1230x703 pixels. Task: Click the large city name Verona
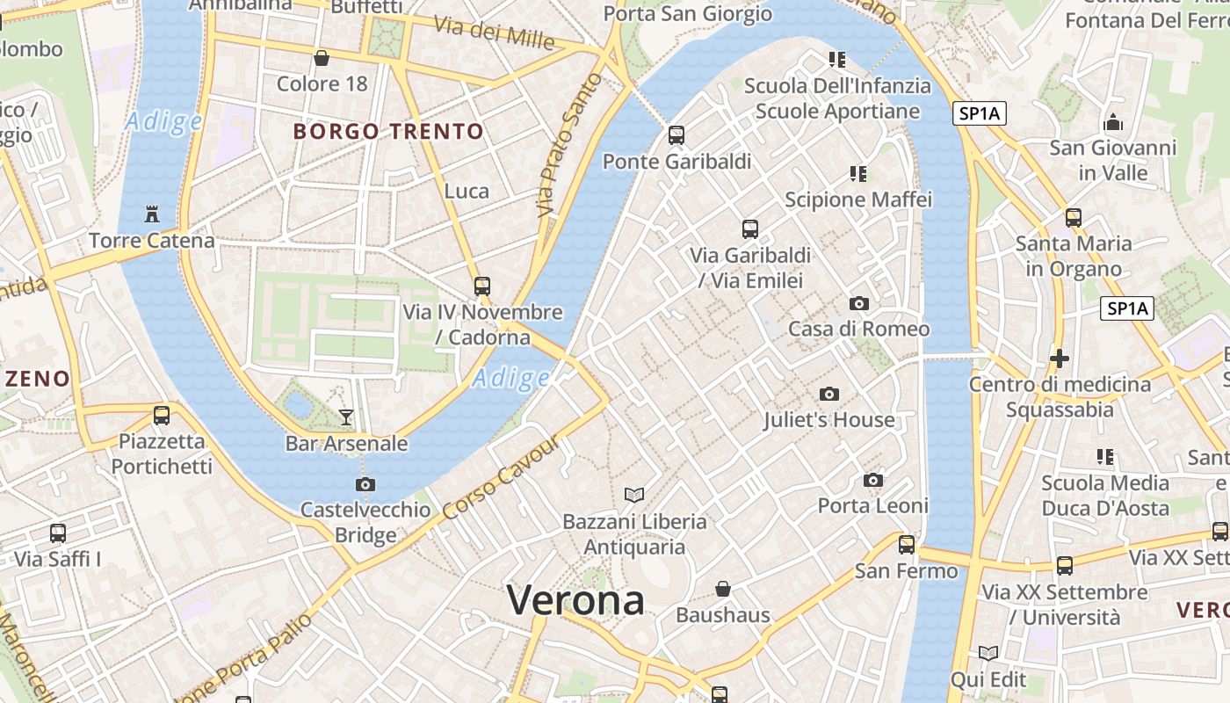[x=575, y=601]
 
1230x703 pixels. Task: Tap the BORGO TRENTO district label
[x=388, y=132]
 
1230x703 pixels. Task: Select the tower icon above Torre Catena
[x=152, y=214]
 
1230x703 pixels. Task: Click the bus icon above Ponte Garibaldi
[x=676, y=135]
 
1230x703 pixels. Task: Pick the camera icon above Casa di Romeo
[x=859, y=304]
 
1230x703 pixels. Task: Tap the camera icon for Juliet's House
[x=829, y=395]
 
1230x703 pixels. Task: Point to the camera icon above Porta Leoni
[x=872, y=481]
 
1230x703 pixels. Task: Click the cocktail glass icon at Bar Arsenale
[x=346, y=417]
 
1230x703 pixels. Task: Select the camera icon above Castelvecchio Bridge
[x=365, y=484]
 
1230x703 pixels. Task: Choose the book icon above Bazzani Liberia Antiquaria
[x=634, y=496]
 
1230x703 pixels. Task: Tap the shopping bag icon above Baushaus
[x=723, y=589]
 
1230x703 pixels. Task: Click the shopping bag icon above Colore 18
[x=322, y=59]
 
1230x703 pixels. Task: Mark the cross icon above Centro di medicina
[x=1060, y=359]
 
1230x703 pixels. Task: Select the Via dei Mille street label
[x=496, y=33]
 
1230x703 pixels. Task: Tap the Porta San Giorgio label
[x=688, y=14]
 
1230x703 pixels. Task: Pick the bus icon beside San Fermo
[x=907, y=545]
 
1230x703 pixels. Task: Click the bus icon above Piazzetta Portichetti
[x=162, y=416]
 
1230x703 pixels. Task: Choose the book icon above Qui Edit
[x=988, y=654]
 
